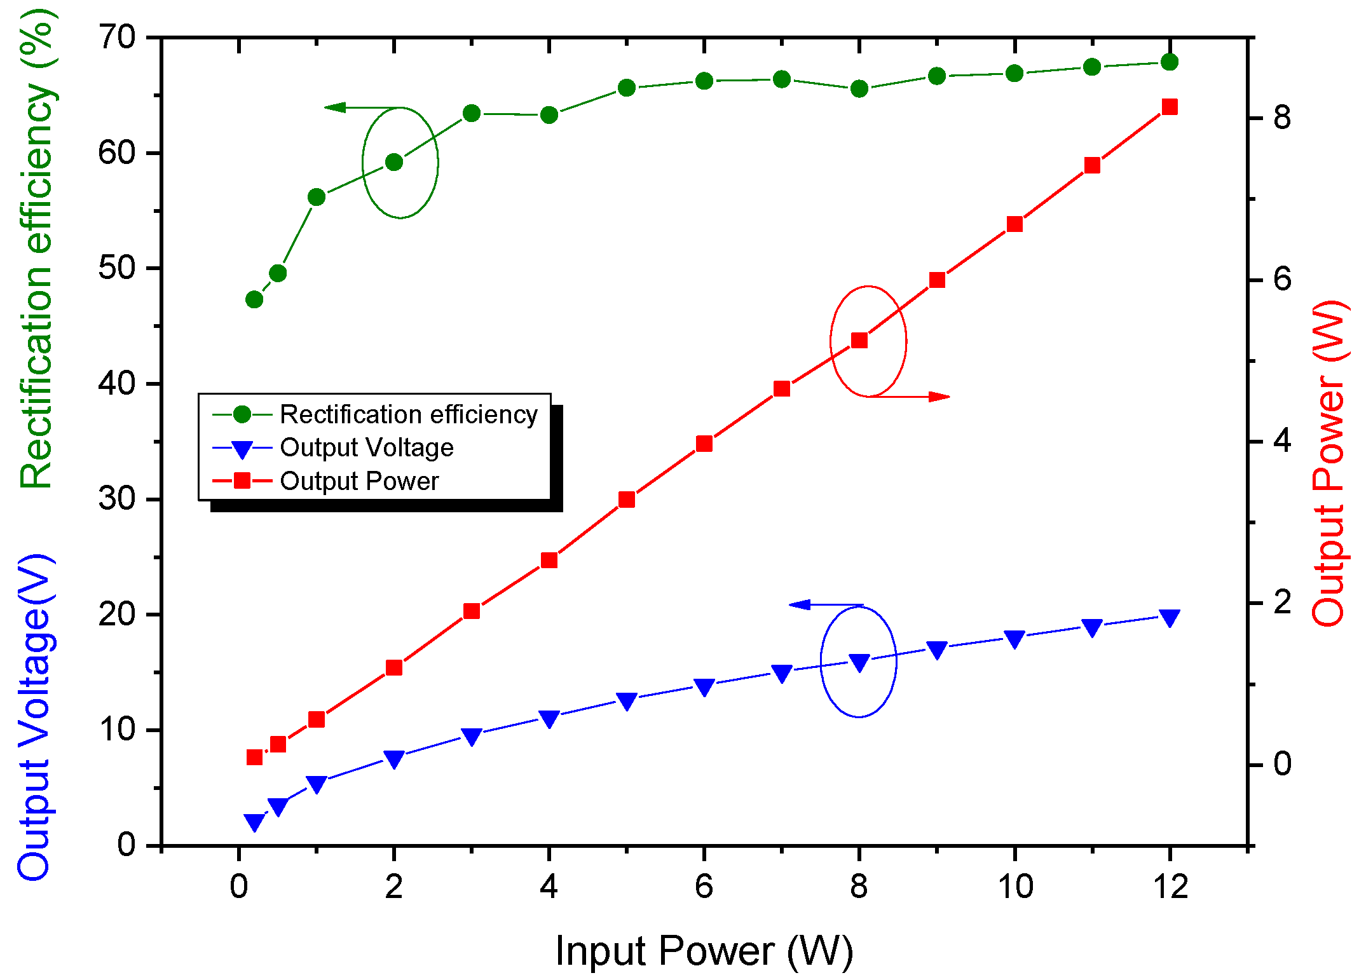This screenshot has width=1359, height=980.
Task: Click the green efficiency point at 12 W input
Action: pos(1169,62)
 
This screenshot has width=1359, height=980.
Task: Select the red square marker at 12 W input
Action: pos(1169,107)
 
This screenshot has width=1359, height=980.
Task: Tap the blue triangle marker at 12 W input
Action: pos(1169,617)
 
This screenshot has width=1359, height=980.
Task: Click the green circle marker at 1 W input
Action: pos(317,197)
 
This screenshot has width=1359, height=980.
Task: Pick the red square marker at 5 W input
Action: pos(627,500)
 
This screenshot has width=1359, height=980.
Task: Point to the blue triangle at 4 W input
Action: pos(549,718)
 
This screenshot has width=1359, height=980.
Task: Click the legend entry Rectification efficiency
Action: pos(408,414)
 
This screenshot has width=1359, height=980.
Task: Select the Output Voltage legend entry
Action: pos(366,447)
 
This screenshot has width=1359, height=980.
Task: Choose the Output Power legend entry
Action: pos(359,481)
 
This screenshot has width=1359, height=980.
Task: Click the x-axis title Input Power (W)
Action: pos(704,951)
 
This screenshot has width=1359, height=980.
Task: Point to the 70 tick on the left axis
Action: pos(117,38)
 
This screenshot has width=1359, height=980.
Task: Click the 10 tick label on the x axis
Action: pos(1014,886)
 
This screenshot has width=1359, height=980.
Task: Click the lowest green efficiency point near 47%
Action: pos(254,299)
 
